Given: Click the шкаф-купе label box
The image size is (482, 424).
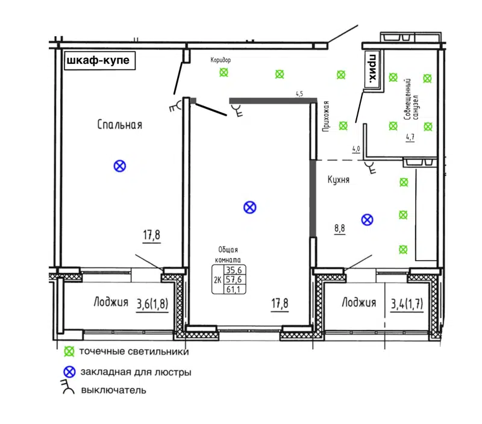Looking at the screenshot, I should point(98,61).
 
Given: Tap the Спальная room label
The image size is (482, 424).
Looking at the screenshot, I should point(119,125).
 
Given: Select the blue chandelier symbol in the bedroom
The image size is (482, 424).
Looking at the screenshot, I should point(120,166).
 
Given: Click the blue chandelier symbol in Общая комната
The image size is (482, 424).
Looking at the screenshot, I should point(249,208).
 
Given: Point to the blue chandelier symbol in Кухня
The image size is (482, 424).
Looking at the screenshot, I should point(366,220).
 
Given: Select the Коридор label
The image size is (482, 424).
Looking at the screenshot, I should point(221,60).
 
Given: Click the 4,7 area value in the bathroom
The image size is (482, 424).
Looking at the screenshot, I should point(410,137).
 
